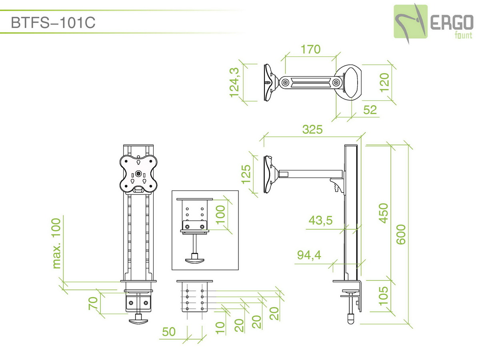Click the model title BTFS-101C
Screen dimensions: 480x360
click(x=53, y=22)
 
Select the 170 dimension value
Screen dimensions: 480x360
click(x=310, y=49)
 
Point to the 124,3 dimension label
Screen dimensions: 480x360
click(x=234, y=82)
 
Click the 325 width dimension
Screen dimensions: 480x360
click(x=312, y=129)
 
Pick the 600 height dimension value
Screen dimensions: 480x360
click(x=401, y=234)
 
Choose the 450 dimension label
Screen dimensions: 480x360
click(x=384, y=213)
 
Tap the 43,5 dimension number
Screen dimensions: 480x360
click(x=320, y=220)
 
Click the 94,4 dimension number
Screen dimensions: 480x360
click(x=309, y=255)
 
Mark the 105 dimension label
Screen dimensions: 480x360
click(x=384, y=296)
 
